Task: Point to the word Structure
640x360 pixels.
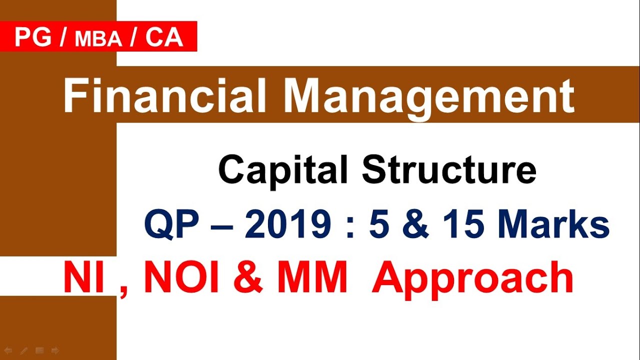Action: (x=449, y=170)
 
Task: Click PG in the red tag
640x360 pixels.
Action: (x=33, y=37)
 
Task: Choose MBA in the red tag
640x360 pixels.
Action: (x=98, y=39)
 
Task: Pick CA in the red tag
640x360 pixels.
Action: (x=164, y=37)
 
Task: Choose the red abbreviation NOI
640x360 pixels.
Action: (x=183, y=278)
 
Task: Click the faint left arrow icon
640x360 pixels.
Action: (x=8, y=350)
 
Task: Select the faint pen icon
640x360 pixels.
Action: (x=23, y=350)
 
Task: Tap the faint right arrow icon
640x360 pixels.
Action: (x=55, y=350)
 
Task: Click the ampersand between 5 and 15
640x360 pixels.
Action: (x=417, y=225)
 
